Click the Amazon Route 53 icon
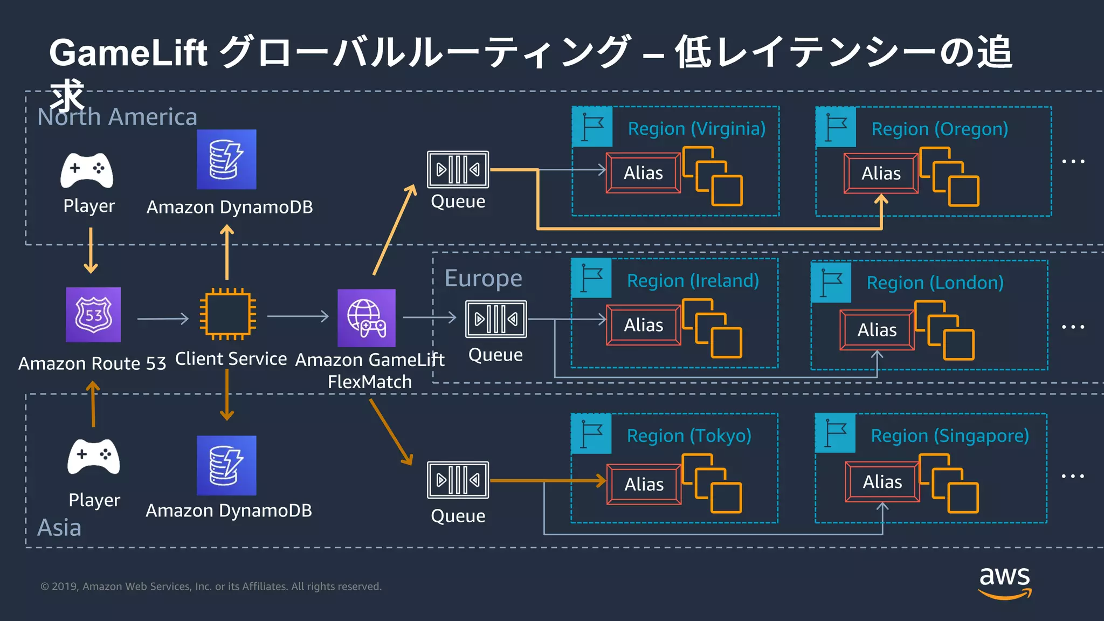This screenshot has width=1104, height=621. tap(93, 315)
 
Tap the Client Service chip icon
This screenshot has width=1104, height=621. tap(227, 314)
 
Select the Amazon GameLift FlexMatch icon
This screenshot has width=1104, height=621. tap(367, 318)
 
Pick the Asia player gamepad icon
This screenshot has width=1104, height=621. tap(94, 457)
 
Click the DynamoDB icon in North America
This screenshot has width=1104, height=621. tap(226, 160)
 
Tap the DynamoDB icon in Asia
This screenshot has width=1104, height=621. tap(226, 465)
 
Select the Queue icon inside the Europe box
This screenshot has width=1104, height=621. tap(496, 319)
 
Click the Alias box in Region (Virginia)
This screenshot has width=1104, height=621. tap(643, 173)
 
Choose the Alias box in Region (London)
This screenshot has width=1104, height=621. tap(877, 330)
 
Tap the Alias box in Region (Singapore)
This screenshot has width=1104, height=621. tap(882, 482)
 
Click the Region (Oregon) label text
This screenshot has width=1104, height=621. tap(940, 129)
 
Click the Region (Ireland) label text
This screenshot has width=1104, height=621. tap(693, 281)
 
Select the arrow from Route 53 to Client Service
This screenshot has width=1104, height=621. tap(163, 319)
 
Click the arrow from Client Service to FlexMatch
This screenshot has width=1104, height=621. tap(298, 316)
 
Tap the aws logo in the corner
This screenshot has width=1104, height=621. tap(1004, 582)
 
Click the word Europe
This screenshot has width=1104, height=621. tap(483, 278)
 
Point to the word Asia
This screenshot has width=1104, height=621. tap(59, 527)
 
